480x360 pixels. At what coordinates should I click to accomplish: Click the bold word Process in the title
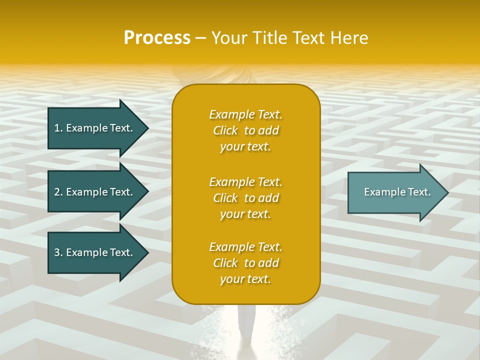(157, 38)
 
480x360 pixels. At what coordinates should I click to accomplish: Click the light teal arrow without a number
(395, 192)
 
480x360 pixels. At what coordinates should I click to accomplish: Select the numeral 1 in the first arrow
(57, 128)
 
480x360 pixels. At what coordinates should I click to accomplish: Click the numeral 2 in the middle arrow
(57, 192)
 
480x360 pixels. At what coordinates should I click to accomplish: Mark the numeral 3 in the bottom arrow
(57, 252)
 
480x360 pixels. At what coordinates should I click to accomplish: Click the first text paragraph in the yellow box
(245, 130)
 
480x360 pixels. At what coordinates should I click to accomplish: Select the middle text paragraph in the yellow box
(245, 198)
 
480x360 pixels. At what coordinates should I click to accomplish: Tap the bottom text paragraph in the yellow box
(245, 263)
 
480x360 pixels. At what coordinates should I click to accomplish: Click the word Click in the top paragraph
(225, 130)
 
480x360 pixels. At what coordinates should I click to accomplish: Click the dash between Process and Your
(201, 38)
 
